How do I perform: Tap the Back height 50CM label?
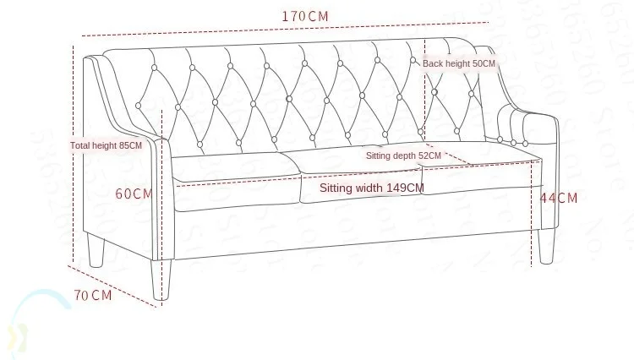coord(459,63)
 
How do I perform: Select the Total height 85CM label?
coord(106,145)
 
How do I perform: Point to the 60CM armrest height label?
coord(134,194)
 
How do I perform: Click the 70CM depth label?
coord(92,295)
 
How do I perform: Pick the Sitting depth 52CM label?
coord(403,155)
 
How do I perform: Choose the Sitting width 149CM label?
coord(372,188)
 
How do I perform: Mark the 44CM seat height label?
coord(559,199)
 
